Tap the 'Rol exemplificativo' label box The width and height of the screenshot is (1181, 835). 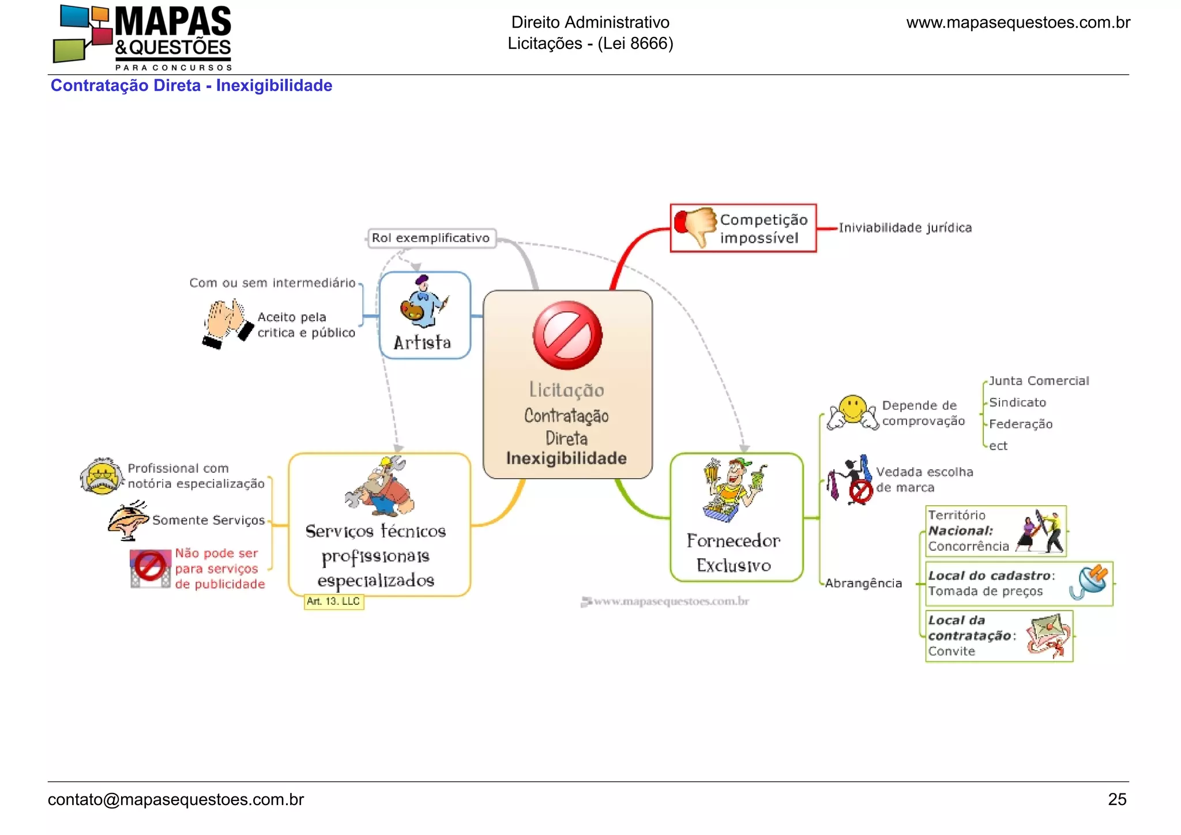pos(431,238)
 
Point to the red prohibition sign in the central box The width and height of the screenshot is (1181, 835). pos(567,335)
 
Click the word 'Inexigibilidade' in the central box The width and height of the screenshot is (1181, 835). pos(566,458)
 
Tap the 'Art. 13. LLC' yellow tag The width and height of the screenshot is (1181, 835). pos(333,601)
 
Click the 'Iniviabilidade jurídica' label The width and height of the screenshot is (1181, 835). pos(905,228)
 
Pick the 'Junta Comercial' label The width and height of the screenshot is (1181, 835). pos(1039,381)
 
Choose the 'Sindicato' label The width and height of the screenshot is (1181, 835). pos(1017,403)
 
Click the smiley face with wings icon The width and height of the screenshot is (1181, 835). pos(852,412)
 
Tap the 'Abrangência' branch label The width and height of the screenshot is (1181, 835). pos(863,583)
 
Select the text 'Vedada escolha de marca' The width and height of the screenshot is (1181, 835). pos(924,480)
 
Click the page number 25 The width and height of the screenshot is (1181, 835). pos(1117,799)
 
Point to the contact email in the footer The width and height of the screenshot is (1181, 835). pos(176,800)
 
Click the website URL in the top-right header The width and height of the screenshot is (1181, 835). pos(1018,22)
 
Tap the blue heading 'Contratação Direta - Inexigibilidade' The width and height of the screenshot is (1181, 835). pos(191,85)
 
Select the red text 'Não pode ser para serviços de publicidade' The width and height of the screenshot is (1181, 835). pos(219,569)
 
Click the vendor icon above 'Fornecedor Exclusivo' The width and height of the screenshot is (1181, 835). pos(734,489)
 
